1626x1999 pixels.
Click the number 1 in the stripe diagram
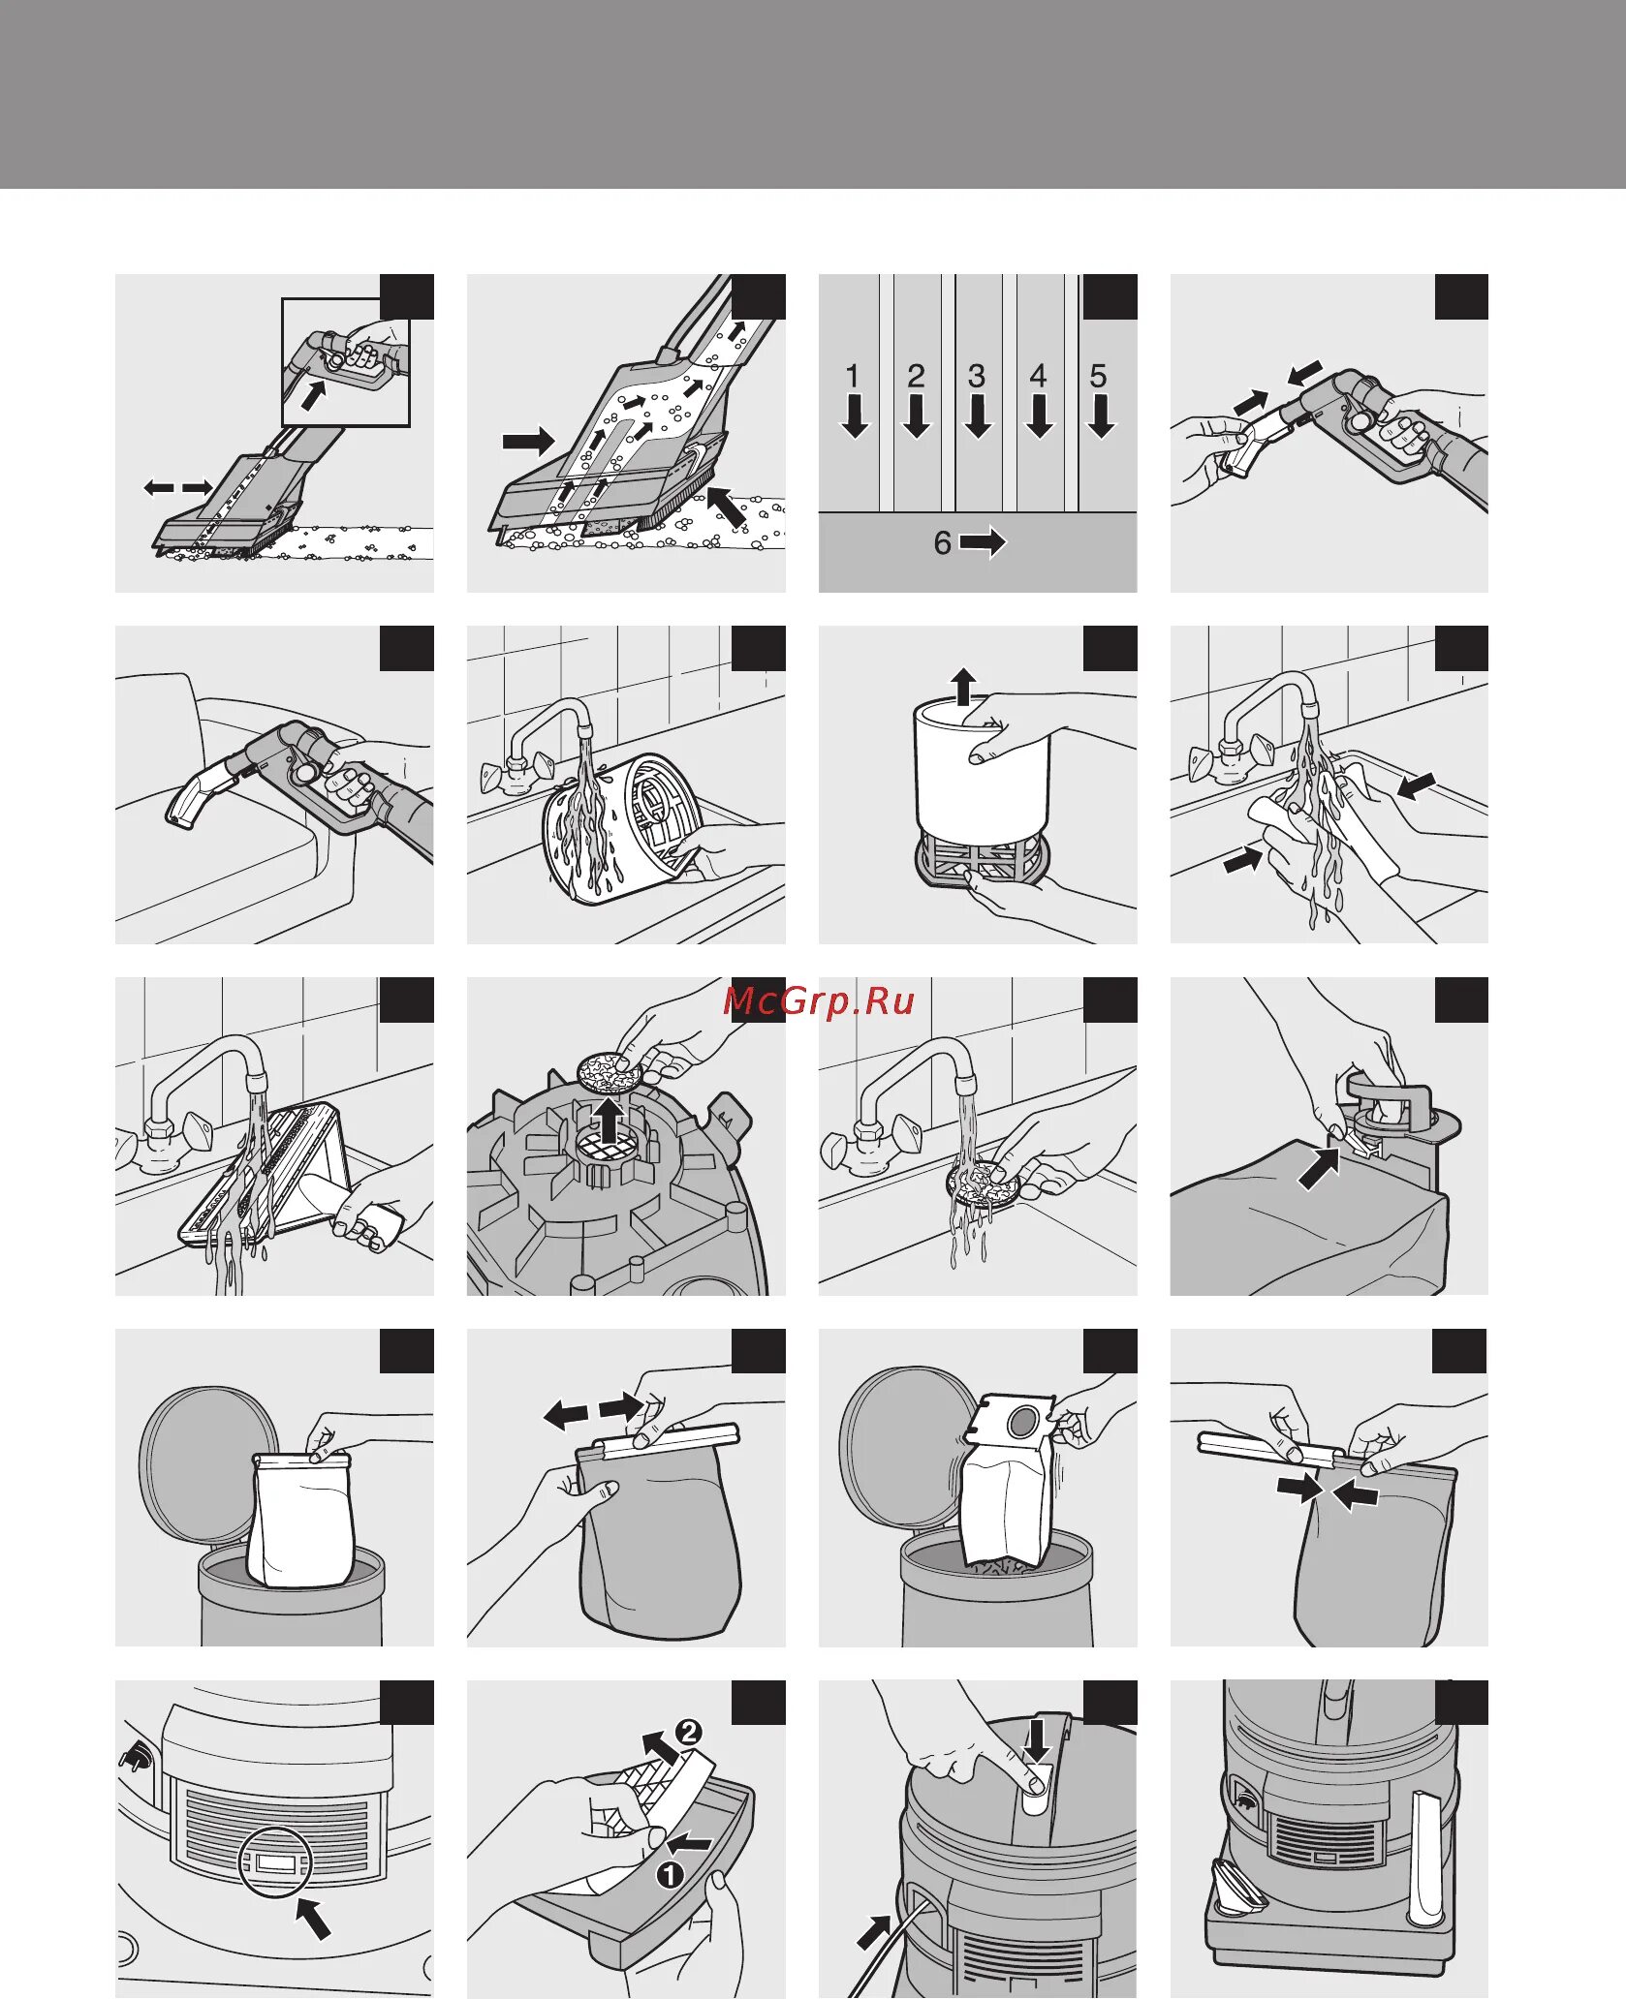coord(852,376)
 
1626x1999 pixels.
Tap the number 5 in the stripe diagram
coord(1098,376)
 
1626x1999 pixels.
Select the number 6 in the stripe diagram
coord(942,542)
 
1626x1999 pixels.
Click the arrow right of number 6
coord(983,542)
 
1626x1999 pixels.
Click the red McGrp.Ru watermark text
coord(819,1000)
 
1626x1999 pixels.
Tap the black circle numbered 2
coord(687,1732)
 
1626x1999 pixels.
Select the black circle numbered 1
coord(670,1875)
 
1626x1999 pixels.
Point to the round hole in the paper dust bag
coord(1021,1422)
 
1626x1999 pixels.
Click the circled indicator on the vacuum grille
coord(276,1861)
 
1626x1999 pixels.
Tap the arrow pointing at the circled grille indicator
coord(313,1918)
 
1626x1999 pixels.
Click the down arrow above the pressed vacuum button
coord(1037,1740)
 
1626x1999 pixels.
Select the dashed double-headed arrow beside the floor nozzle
coord(178,487)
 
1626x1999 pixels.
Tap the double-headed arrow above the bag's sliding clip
coord(593,1410)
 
